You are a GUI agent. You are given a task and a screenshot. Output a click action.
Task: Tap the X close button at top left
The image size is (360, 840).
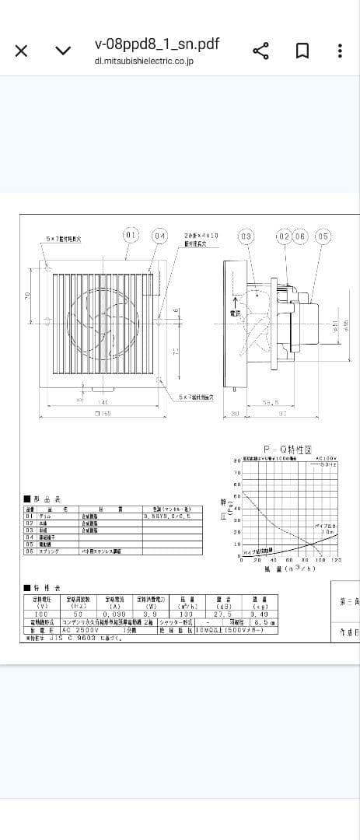click(x=22, y=51)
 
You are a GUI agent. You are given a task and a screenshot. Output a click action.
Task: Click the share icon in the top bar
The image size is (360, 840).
click(x=261, y=51)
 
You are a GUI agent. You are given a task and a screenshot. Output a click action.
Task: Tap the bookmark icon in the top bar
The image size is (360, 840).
click(x=302, y=51)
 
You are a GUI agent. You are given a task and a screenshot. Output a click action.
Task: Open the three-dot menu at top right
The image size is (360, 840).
click(x=340, y=51)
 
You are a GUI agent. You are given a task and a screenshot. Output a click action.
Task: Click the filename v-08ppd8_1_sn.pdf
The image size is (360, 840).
click(x=156, y=44)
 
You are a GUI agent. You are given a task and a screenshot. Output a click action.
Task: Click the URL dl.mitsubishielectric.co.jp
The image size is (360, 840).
click(x=144, y=61)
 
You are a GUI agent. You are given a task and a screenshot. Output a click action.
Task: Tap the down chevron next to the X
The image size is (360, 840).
click(x=63, y=51)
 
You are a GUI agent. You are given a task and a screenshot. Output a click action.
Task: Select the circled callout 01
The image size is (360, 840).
click(x=131, y=235)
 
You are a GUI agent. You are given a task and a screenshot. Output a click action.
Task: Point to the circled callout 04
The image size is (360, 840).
click(x=159, y=235)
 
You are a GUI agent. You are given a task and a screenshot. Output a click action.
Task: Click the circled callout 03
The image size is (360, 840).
click(x=246, y=235)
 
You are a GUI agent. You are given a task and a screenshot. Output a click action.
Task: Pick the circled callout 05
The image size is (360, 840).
click(x=323, y=235)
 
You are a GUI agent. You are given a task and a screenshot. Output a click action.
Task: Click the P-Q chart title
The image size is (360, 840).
click(x=287, y=450)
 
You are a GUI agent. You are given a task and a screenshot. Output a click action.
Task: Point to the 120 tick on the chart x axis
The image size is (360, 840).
click(x=337, y=560)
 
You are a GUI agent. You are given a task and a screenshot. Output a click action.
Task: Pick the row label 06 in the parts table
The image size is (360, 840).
click(x=29, y=551)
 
